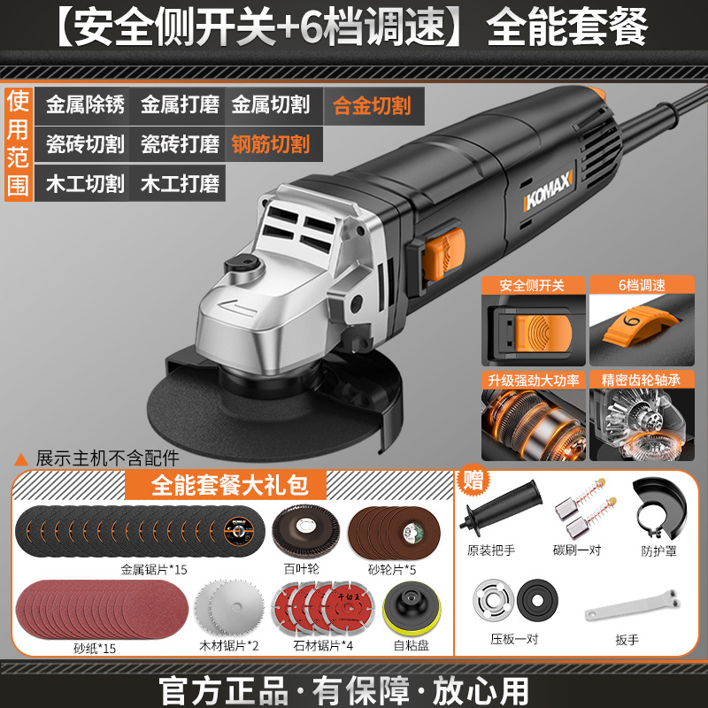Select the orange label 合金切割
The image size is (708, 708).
[x=372, y=106]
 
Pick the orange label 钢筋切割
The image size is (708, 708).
[x=271, y=144]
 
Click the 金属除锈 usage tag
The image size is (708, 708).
[x=85, y=104]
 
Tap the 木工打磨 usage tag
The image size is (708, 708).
[x=180, y=184]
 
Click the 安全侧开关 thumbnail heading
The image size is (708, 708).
[x=532, y=285]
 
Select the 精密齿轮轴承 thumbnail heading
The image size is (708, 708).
[x=641, y=380]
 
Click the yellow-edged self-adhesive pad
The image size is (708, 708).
[x=412, y=609]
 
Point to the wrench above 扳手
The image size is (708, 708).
[x=632, y=606]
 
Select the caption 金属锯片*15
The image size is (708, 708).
[x=153, y=569]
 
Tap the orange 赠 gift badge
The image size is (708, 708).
[x=473, y=481]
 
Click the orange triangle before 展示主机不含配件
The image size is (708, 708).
[x=20, y=459]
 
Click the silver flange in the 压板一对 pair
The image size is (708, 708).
[x=493, y=601]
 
